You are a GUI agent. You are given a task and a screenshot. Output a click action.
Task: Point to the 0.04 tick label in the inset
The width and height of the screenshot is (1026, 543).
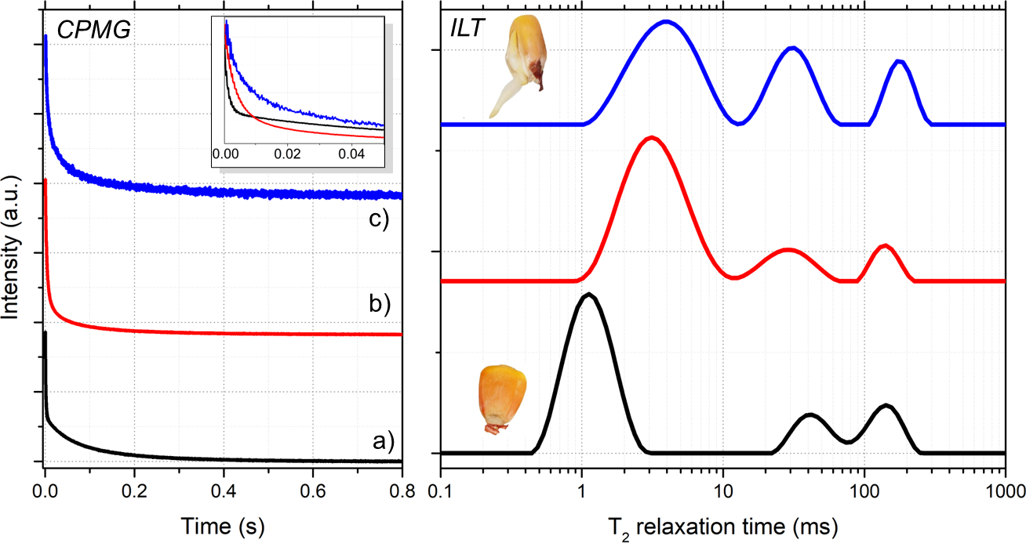click(352, 155)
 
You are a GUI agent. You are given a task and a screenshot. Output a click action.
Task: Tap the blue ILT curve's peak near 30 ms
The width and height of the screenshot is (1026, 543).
click(793, 48)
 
